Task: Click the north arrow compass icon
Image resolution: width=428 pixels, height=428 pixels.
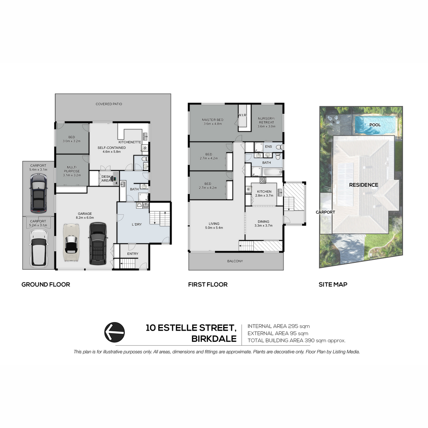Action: click(114, 332)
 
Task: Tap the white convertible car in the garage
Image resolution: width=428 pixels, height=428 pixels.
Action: click(71, 242)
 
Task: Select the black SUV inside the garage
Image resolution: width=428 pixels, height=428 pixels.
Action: click(98, 244)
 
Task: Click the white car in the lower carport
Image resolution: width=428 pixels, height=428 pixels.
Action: click(39, 248)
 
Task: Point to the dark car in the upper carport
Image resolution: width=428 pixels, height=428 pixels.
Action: click(39, 193)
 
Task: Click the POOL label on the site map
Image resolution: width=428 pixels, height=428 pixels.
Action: click(375, 125)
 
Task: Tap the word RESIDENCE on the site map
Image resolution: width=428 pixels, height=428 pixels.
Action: click(363, 185)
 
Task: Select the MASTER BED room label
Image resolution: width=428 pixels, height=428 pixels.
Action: click(213, 120)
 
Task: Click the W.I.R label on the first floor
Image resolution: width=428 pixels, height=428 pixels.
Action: click(242, 115)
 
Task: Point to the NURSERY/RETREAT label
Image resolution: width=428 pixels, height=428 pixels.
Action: click(266, 121)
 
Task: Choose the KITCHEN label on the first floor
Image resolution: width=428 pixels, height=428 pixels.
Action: click(264, 192)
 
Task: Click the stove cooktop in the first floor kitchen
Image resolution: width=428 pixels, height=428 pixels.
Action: click(263, 180)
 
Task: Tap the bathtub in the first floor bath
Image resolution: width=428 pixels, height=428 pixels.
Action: click(272, 172)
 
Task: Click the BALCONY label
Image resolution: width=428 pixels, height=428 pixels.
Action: click(235, 261)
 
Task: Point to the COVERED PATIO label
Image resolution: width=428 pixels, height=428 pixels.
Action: click(109, 104)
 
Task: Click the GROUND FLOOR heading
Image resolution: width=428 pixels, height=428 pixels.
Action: click(46, 285)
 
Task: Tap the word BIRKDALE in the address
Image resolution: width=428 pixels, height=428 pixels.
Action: click(214, 339)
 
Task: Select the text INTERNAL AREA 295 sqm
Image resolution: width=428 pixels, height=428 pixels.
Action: click(279, 326)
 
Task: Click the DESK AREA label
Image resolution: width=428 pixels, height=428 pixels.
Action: click(106, 179)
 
